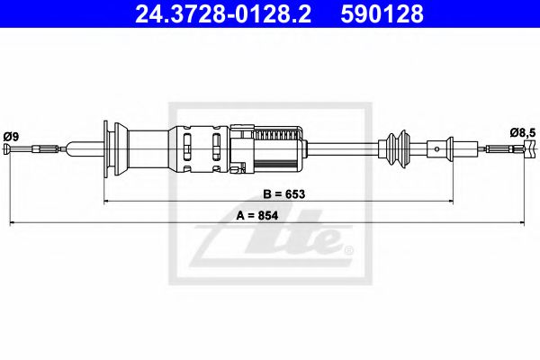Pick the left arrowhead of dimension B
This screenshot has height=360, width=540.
108,202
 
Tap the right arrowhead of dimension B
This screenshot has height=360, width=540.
449,202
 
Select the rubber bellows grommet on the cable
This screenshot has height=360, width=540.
397,148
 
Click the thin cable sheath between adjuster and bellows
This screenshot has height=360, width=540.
346,148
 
